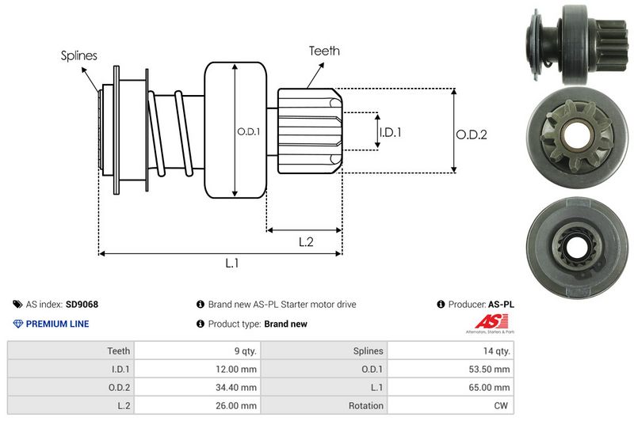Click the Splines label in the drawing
(x=78, y=55)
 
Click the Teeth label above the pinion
(x=324, y=51)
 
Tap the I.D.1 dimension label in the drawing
(x=390, y=132)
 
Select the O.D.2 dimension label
(x=471, y=135)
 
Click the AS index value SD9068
(x=82, y=304)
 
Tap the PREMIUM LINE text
(x=57, y=324)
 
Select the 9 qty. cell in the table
(x=241, y=351)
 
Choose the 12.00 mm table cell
(x=238, y=369)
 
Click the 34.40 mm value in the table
(x=238, y=387)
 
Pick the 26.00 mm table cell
(x=238, y=405)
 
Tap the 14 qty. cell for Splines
(x=495, y=351)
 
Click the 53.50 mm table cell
(x=491, y=369)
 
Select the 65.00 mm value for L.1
(x=491, y=387)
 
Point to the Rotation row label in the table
(x=365, y=405)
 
